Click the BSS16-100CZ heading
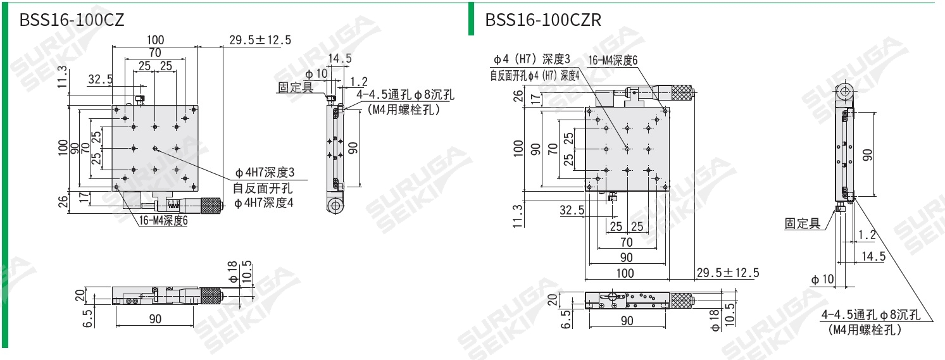[72, 20]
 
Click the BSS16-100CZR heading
[542, 20]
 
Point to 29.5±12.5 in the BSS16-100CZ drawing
[260, 40]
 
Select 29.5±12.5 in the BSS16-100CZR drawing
[727, 273]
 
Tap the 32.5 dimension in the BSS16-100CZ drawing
[101, 80]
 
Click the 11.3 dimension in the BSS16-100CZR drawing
[518, 215]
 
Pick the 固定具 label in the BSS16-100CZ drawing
[296, 87]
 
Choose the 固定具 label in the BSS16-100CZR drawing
[802, 223]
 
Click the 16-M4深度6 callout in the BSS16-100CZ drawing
[163, 221]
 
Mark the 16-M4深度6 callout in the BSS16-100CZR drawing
[613, 60]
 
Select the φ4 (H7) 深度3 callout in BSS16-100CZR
[532, 59]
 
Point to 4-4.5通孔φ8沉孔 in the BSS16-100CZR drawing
[870, 316]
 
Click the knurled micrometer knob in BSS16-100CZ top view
[211, 205]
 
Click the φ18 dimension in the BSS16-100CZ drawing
[232, 271]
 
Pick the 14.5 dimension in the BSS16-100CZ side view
[339, 58]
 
